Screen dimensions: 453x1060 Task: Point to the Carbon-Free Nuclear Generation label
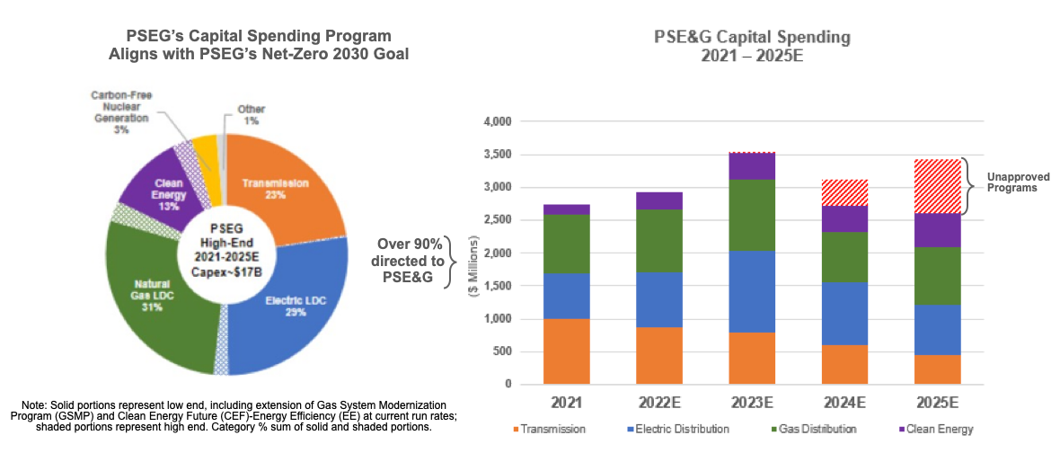click(121, 111)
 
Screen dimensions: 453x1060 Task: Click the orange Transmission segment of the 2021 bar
click(567, 351)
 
